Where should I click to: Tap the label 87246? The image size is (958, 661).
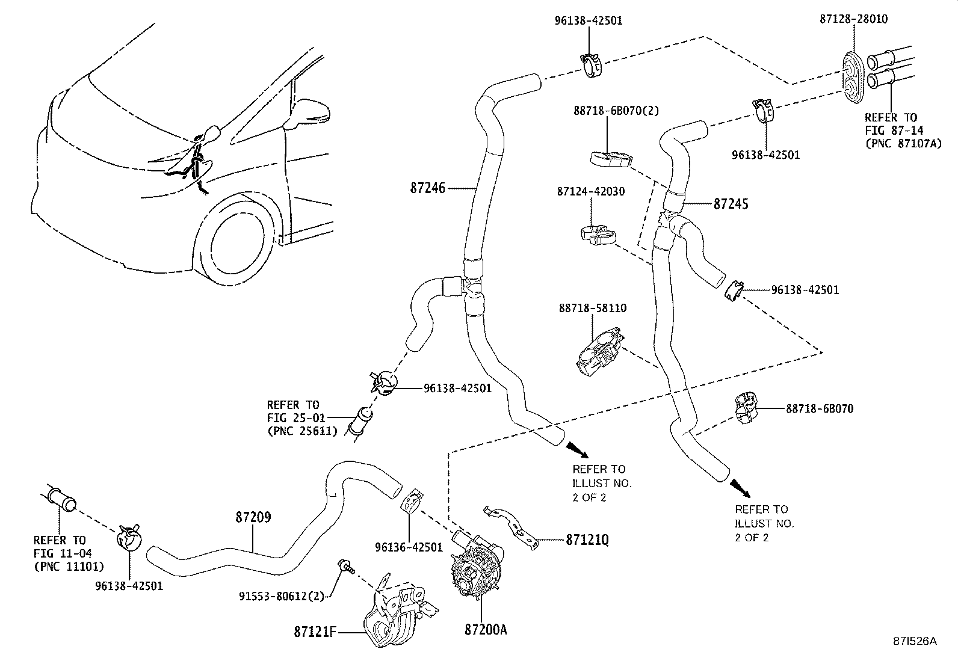pyautogui.click(x=428, y=188)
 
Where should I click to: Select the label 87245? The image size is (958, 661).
pyautogui.click(x=731, y=204)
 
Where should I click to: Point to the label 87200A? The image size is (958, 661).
pyautogui.click(x=486, y=630)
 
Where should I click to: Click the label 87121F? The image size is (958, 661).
pyautogui.click(x=314, y=632)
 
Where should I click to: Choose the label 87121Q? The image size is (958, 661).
pyautogui.click(x=587, y=540)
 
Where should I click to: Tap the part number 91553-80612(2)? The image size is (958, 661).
pyautogui.click(x=281, y=596)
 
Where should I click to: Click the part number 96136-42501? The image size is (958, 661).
pyautogui.click(x=409, y=547)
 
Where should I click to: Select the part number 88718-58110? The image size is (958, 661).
pyautogui.click(x=592, y=308)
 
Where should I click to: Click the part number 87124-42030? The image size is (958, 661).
pyautogui.click(x=590, y=192)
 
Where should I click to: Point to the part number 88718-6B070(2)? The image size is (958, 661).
pyautogui.click(x=607, y=111)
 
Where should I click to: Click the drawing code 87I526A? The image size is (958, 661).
pyautogui.click(x=914, y=641)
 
